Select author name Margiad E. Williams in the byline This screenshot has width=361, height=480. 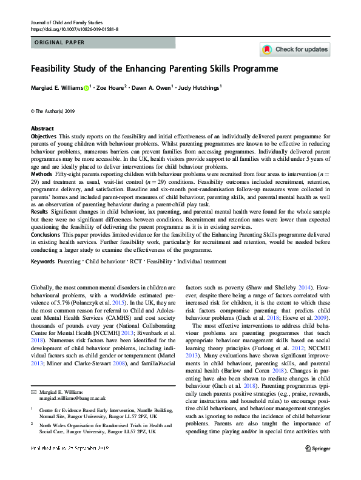(57, 89)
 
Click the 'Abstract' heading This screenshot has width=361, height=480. (42, 129)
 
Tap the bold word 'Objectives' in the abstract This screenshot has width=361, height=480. (43, 137)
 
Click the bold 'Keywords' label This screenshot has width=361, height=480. (42, 262)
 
